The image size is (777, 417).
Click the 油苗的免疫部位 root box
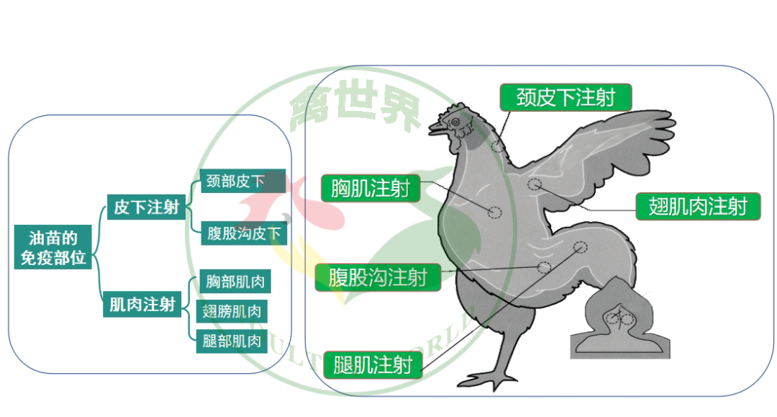click(54, 247)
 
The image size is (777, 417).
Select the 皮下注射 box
click(146, 208)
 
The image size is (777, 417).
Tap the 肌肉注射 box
click(142, 305)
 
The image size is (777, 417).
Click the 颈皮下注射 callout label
click(565, 97)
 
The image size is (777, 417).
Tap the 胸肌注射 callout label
click(371, 189)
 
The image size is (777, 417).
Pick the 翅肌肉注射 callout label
click(697, 207)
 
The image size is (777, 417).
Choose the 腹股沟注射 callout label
click(378, 277)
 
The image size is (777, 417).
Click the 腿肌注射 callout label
click(372, 364)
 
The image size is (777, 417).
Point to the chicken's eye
click(455, 123)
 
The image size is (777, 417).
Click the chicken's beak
click(436, 129)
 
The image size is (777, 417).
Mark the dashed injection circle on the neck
click(497, 146)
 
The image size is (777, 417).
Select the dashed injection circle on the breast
click(495, 212)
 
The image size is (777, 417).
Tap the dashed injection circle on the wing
click(534, 184)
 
